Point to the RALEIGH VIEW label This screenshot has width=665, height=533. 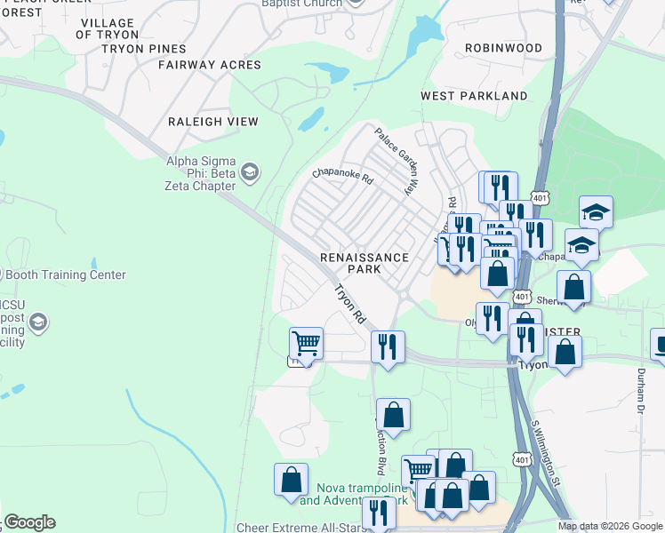(x=213, y=122)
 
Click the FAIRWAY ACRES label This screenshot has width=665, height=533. (x=210, y=65)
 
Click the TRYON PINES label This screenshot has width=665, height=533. (x=144, y=49)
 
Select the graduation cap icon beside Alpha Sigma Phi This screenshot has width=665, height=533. (x=250, y=171)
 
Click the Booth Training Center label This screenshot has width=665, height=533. (x=67, y=275)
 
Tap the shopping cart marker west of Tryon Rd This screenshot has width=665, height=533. (x=306, y=342)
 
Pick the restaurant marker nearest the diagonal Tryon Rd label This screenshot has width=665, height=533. (x=387, y=346)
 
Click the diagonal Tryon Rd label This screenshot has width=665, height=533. (x=350, y=304)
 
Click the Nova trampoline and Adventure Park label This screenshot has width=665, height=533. (x=353, y=495)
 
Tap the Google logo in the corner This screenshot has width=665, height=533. (x=28, y=522)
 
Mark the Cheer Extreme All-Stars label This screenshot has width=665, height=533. (x=298, y=527)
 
